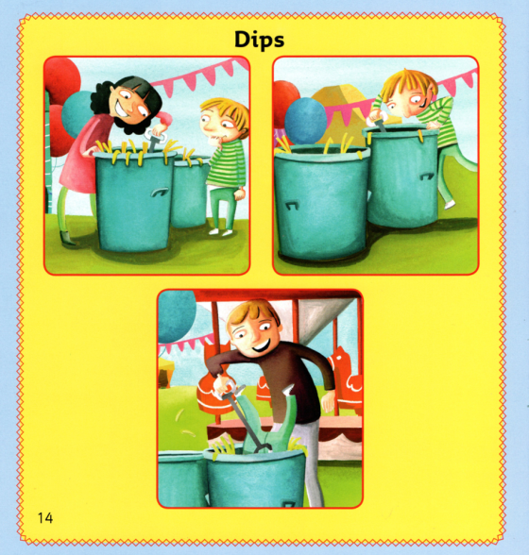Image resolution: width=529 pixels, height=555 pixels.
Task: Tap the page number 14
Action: (46, 517)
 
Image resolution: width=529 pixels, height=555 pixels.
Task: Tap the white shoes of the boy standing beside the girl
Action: (221, 229)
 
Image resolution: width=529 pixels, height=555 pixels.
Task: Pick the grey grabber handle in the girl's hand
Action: (150, 143)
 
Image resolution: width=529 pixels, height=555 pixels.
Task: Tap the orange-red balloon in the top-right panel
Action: (285, 100)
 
